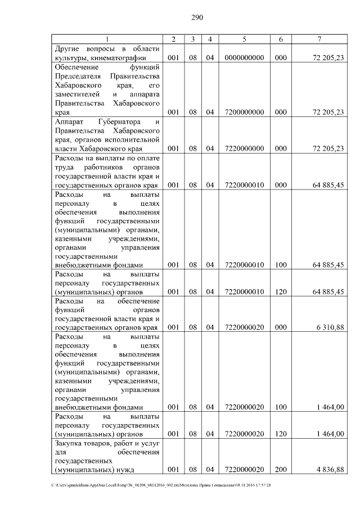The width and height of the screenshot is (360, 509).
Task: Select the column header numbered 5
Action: click(244, 39)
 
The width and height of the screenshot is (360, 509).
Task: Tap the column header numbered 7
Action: click(319, 39)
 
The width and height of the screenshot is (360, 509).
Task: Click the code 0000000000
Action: click(244, 57)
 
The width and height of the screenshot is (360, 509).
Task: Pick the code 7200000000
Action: click(244, 112)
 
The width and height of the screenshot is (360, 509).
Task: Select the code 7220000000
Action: click(244, 148)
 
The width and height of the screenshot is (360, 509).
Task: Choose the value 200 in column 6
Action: click(281, 470)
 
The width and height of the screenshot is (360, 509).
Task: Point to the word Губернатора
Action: click(117, 121)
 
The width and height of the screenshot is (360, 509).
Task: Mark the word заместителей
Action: click(78, 94)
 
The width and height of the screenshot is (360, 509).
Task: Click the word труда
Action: click(65, 167)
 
